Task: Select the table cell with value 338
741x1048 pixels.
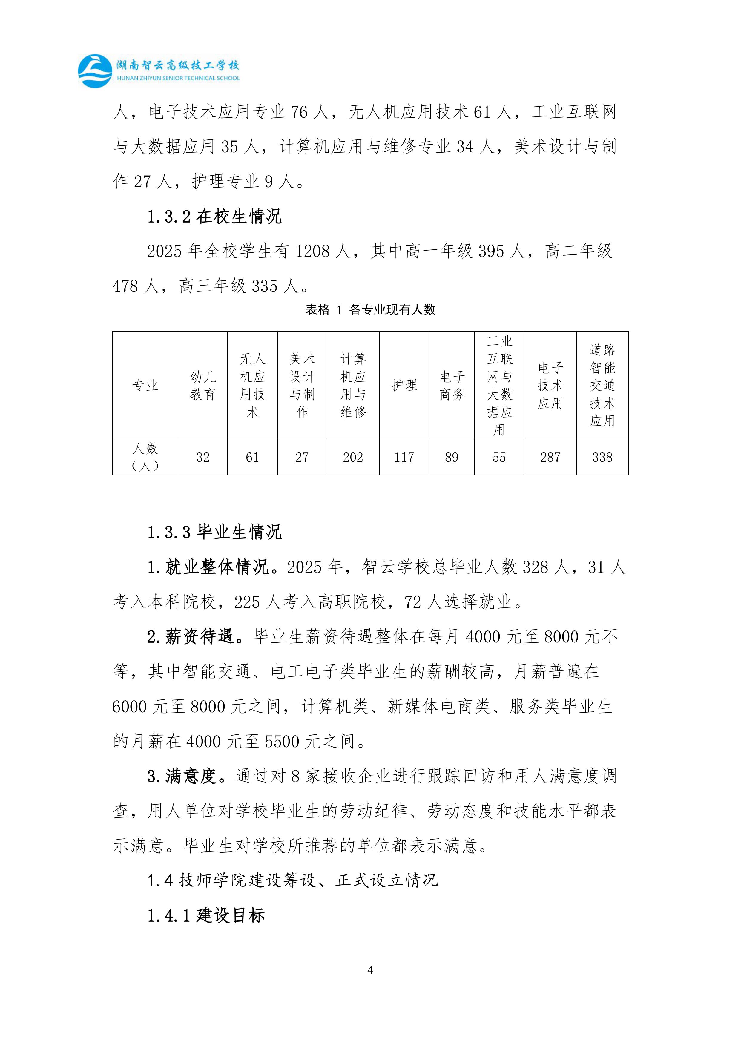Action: click(x=602, y=457)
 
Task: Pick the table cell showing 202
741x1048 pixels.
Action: click(x=353, y=457)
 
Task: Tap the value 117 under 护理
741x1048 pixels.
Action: click(x=404, y=457)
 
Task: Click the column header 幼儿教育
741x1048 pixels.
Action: click(x=203, y=386)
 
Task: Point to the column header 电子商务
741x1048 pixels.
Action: click(x=452, y=386)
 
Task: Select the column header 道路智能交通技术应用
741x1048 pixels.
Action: click(x=602, y=386)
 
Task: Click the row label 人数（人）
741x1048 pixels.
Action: click(x=145, y=457)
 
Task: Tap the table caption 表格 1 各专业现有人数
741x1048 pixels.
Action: click(x=370, y=310)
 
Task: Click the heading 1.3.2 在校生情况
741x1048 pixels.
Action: click(x=214, y=216)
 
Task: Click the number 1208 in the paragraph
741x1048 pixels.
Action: click(x=312, y=251)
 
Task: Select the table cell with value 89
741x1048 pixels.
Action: click(x=452, y=457)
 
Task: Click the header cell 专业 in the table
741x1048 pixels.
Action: click(x=145, y=386)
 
